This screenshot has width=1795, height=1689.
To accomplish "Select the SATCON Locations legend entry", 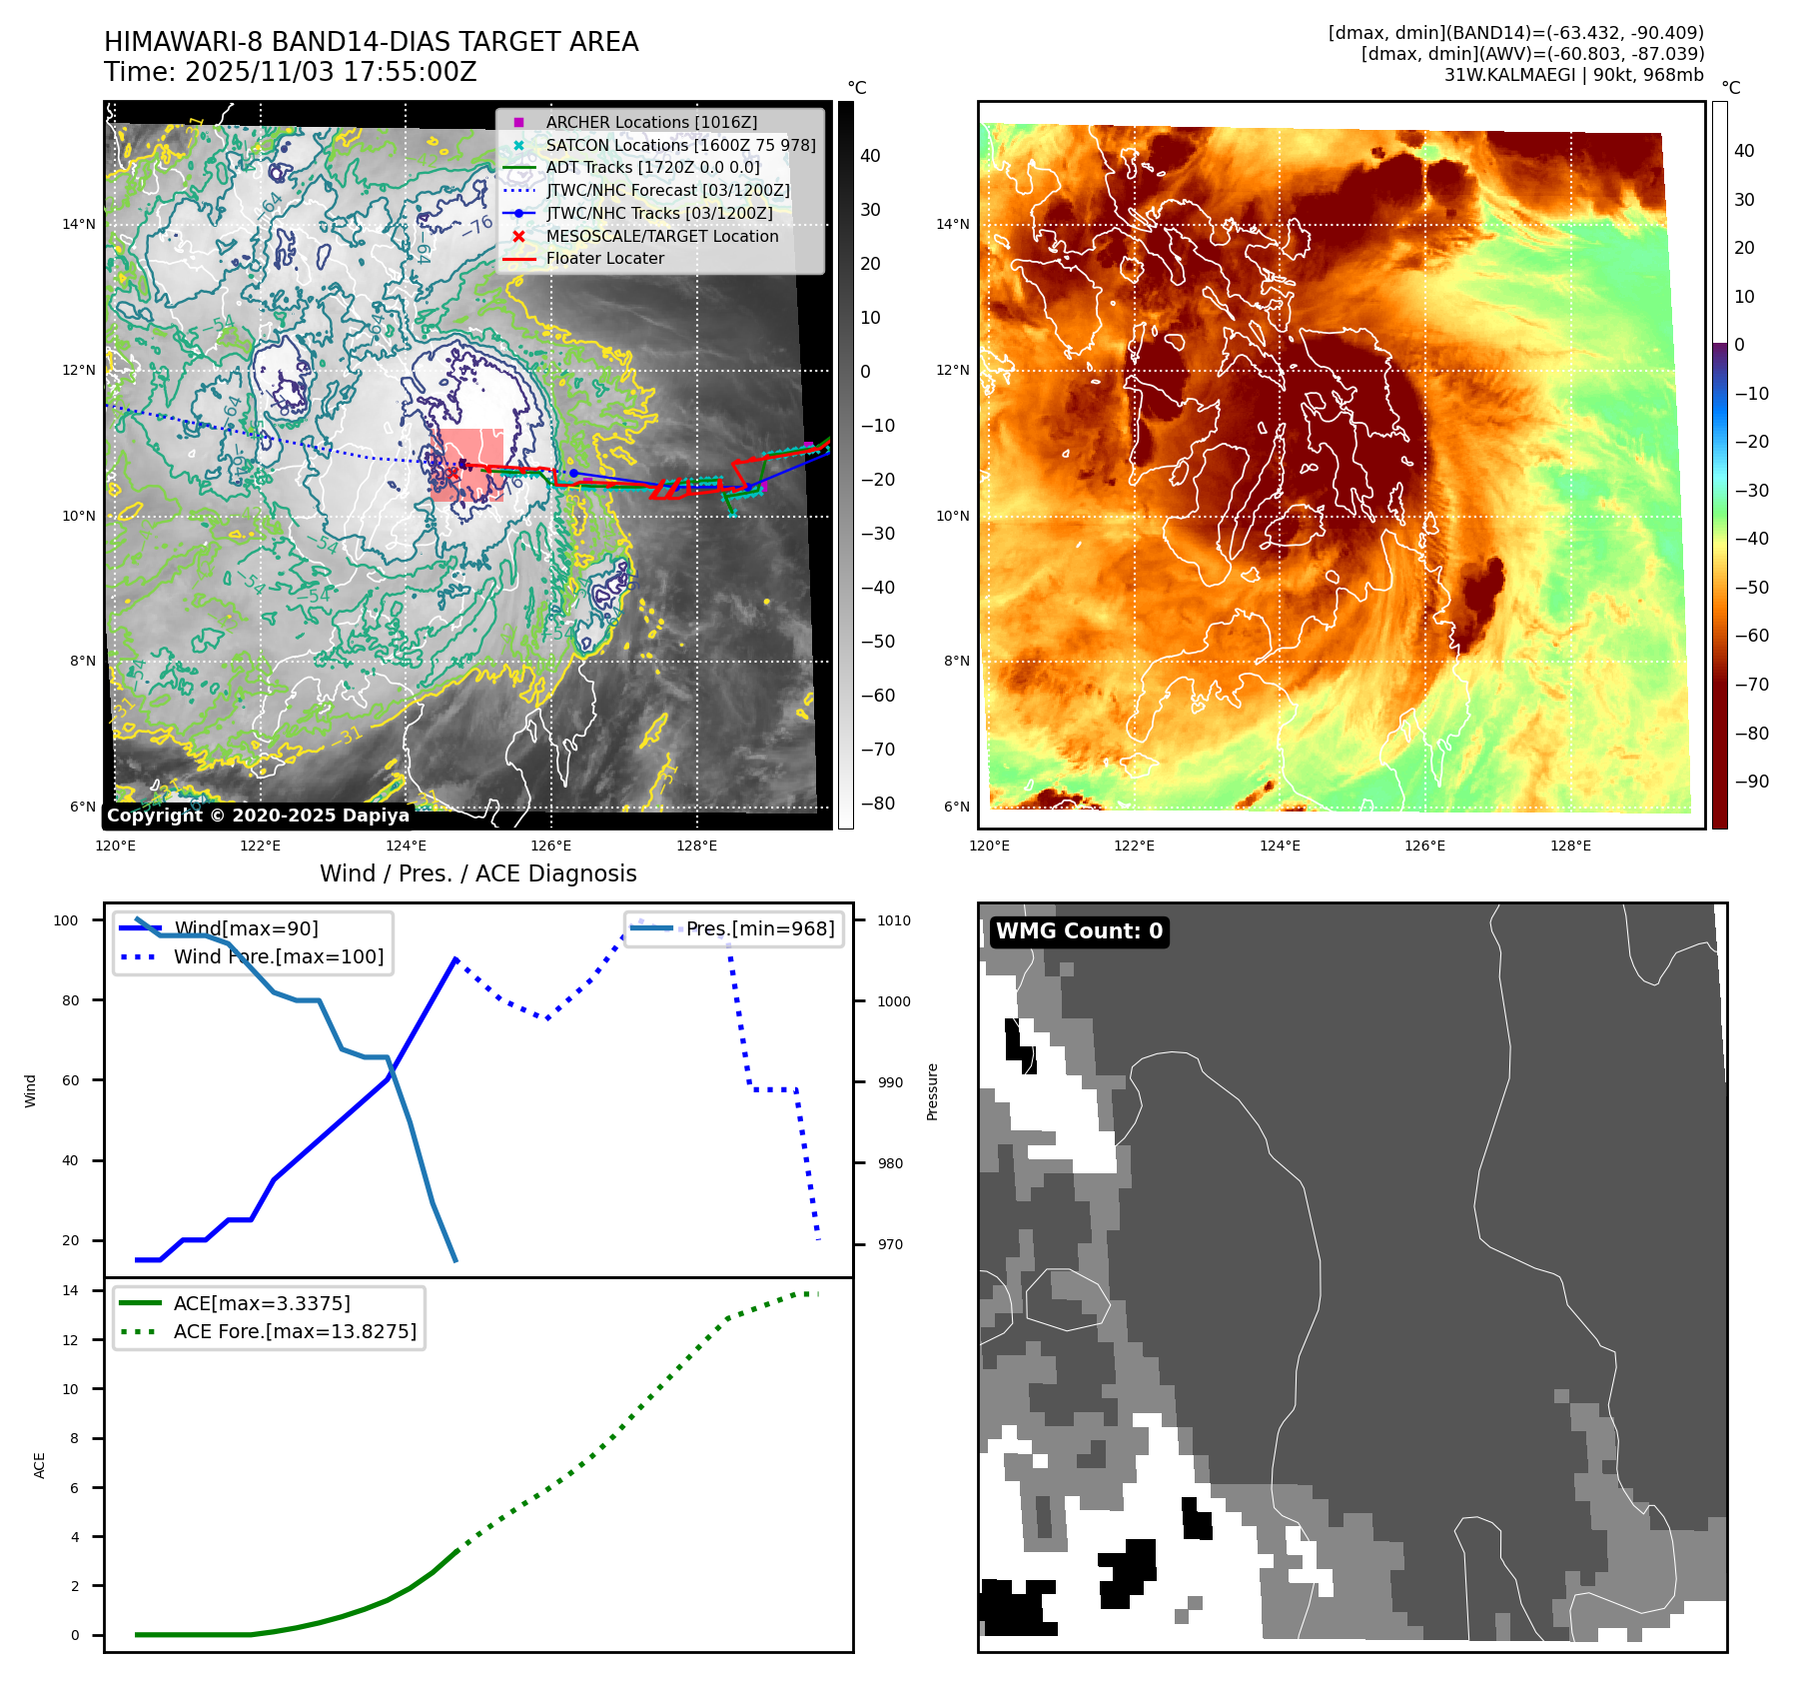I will (x=680, y=145).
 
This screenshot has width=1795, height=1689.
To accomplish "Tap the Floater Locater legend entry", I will (x=604, y=258).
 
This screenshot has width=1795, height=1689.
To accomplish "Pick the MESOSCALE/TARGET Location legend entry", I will (x=661, y=236).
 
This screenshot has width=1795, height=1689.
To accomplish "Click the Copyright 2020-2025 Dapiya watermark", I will (x=258, y=816).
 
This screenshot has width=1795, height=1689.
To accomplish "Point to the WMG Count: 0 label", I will (x=1079, y=931).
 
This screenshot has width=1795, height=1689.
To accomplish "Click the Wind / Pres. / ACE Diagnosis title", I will (x=477, y=873).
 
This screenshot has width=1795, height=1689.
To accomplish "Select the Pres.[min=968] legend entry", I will (x=759, y=928).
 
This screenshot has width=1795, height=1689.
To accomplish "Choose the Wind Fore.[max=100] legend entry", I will (x=278, y=956).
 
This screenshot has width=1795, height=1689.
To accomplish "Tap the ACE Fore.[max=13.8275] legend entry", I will (x=295, y=1331).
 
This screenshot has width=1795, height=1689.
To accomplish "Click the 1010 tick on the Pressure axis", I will (x=894, y=920).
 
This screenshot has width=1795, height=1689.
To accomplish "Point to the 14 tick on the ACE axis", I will (x=71, y=1290).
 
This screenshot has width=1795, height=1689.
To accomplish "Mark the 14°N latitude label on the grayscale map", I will (x=79, y=224).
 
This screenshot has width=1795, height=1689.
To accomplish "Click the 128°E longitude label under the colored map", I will (x=1570, y=845).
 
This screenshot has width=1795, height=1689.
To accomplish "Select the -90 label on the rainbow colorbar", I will (x=1751, y=782).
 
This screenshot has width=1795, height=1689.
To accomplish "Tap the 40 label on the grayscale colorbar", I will (x=870, y=156).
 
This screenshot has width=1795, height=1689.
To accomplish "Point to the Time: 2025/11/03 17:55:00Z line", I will (x=291, y=72).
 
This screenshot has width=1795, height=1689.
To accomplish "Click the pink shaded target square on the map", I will (x=467, y=465).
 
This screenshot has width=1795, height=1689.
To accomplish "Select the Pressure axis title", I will (x=932, y=1091).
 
